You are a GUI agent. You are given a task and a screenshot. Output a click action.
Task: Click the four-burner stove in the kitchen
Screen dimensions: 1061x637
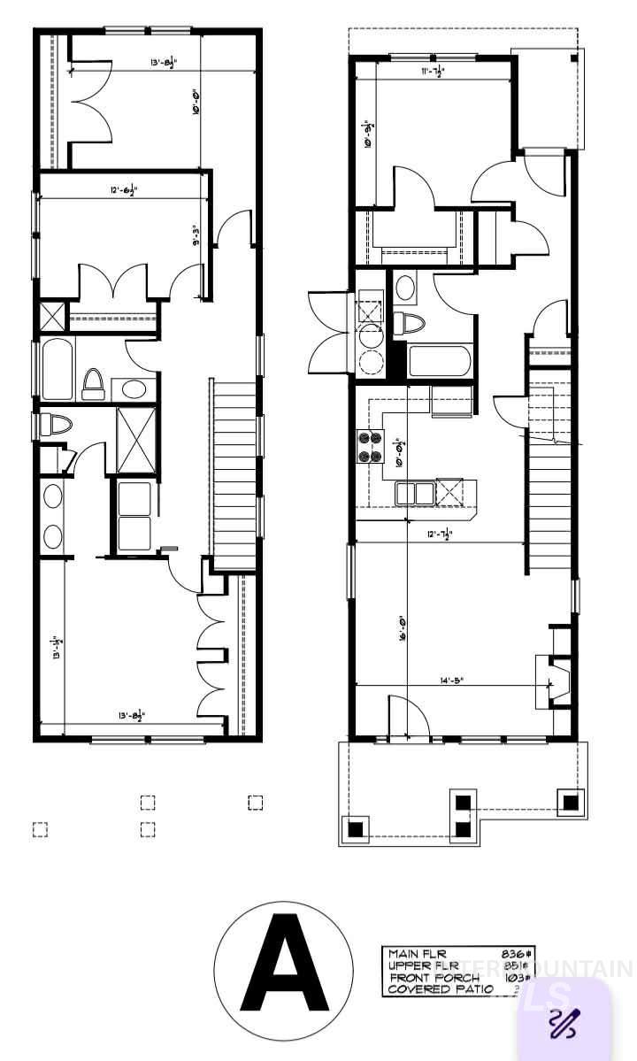pos(369,445)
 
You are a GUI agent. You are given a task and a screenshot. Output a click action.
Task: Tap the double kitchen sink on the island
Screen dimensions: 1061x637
pos(414,492)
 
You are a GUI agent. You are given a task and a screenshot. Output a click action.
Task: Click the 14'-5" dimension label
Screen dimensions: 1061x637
pos(449,680)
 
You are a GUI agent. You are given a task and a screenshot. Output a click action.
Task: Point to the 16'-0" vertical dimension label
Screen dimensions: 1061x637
pos(401,634)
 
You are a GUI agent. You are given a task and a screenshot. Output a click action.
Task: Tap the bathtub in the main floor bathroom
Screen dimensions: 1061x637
pos(440,361)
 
